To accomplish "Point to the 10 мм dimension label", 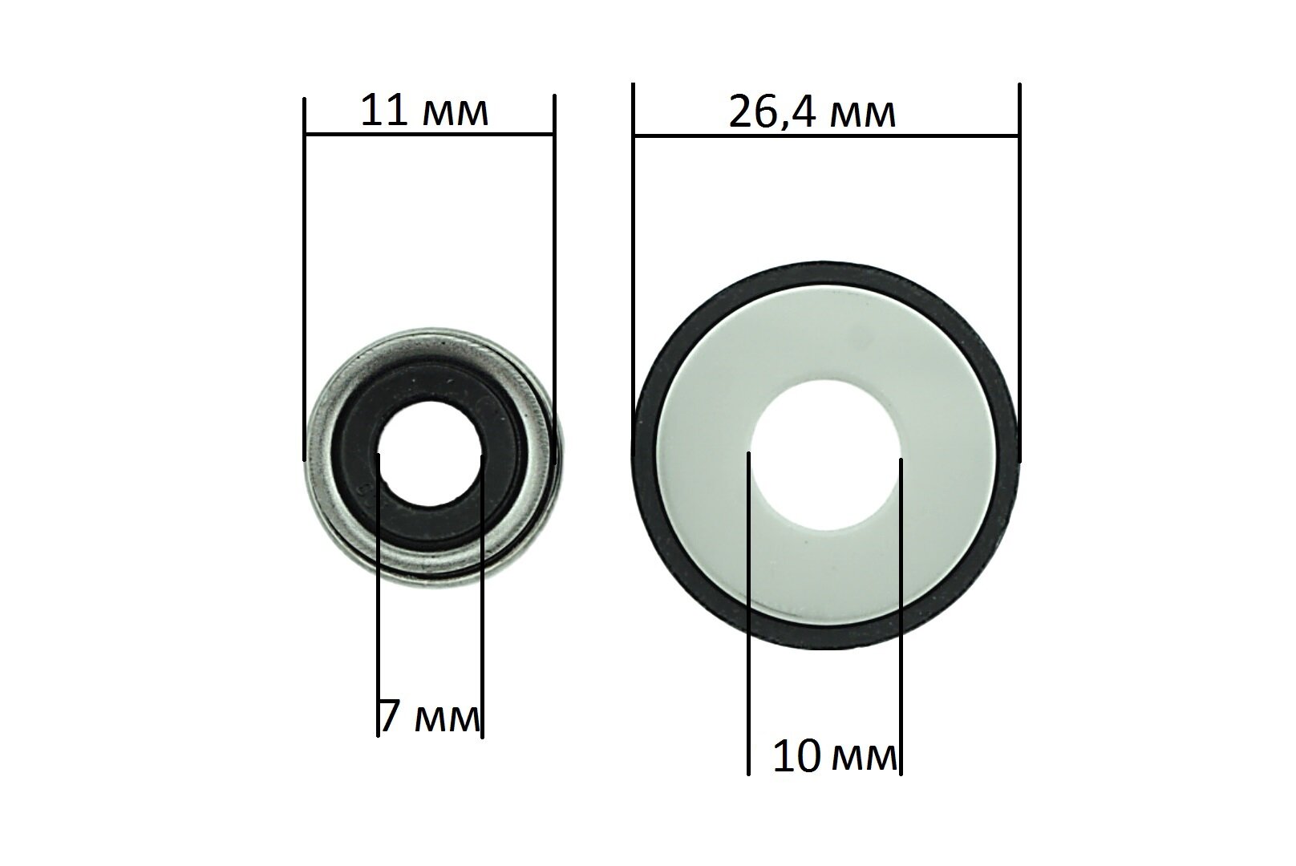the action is point(835,757).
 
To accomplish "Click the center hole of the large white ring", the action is point(825,455).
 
